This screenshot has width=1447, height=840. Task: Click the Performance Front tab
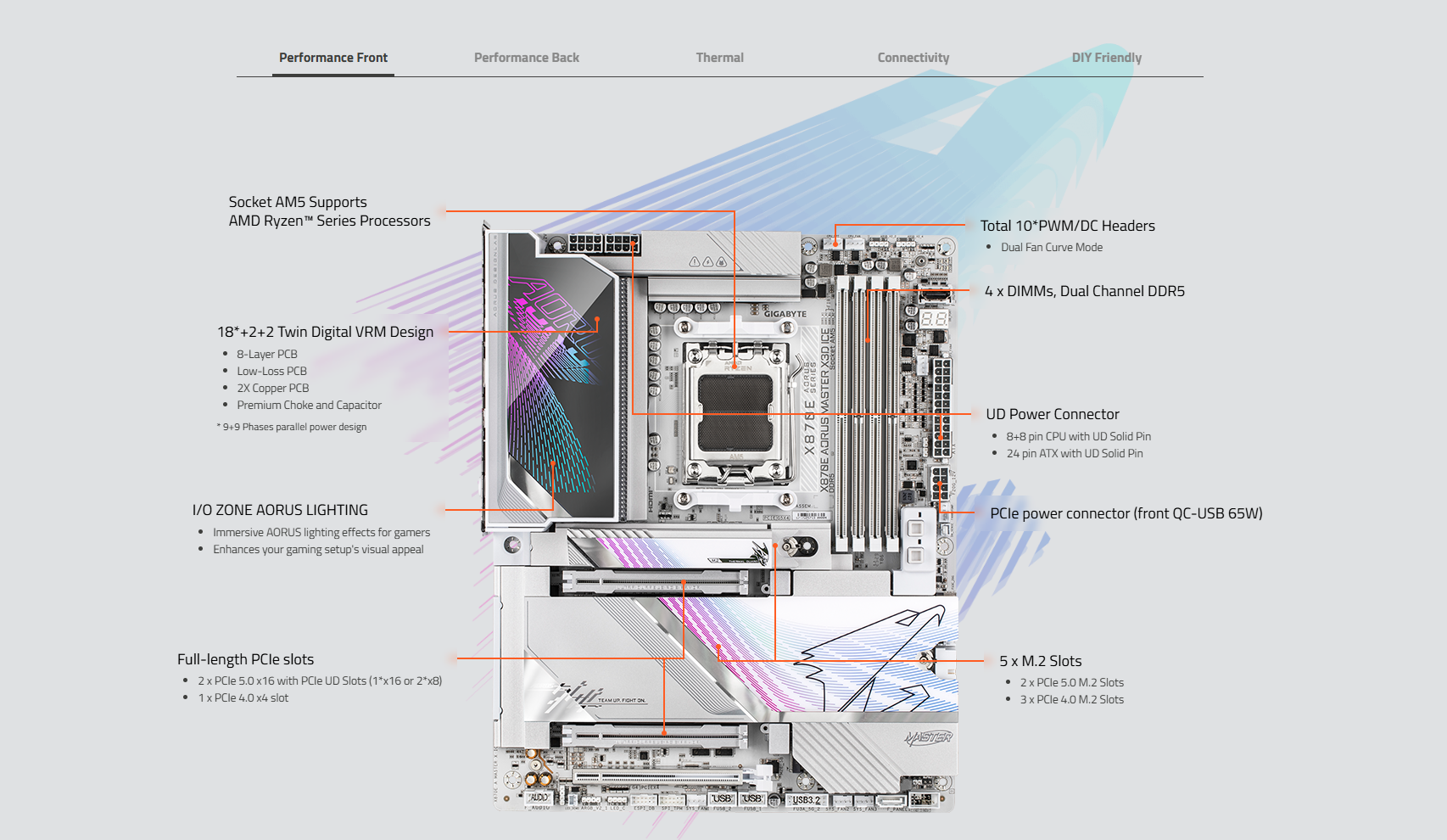333,58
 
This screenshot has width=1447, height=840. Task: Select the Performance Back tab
527,58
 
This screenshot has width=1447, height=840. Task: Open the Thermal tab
719,58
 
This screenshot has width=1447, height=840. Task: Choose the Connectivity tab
913,58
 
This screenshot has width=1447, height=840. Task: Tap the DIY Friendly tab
1106,58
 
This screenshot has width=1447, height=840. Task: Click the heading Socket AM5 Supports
298,202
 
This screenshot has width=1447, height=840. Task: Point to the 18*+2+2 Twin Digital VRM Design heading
325,332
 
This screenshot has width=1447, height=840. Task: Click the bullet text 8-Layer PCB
267,354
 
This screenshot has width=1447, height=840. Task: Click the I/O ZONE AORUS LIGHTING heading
280,510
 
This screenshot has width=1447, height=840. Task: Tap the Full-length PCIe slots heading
245,659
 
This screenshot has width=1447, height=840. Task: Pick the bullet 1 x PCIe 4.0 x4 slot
243,697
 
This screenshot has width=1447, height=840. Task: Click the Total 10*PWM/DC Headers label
1067,226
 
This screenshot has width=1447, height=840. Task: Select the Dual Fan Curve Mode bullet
1052,247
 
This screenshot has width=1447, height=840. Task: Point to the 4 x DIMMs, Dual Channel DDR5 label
1084,291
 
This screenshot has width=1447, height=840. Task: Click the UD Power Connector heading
1052,414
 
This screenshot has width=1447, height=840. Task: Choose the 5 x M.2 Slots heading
1040,661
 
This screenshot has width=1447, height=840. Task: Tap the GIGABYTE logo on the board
785,314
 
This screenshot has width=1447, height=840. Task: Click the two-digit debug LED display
934,319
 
